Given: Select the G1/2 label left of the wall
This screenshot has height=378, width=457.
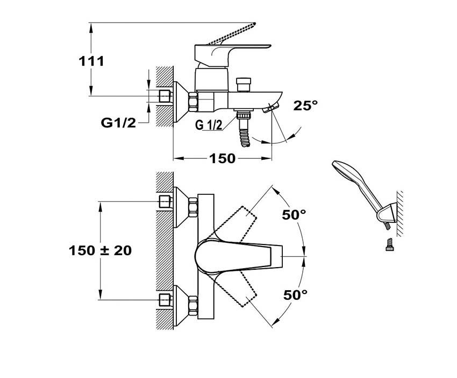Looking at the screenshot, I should coord(118,123).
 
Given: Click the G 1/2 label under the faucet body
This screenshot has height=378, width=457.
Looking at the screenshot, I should coord(209,125).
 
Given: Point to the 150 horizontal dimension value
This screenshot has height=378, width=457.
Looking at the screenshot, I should coord(222,158).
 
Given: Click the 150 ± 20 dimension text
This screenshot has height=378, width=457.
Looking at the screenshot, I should coord(100,250).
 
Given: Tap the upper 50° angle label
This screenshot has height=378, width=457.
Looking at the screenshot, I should coord(294,214).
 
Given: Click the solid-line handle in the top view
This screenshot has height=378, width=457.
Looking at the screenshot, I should coord(237,256).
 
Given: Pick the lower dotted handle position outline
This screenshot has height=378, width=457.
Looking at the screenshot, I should coord(241,291).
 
